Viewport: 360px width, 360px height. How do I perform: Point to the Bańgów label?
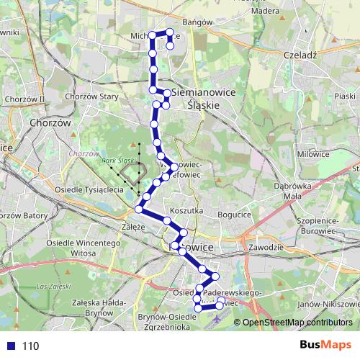(198, 22)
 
